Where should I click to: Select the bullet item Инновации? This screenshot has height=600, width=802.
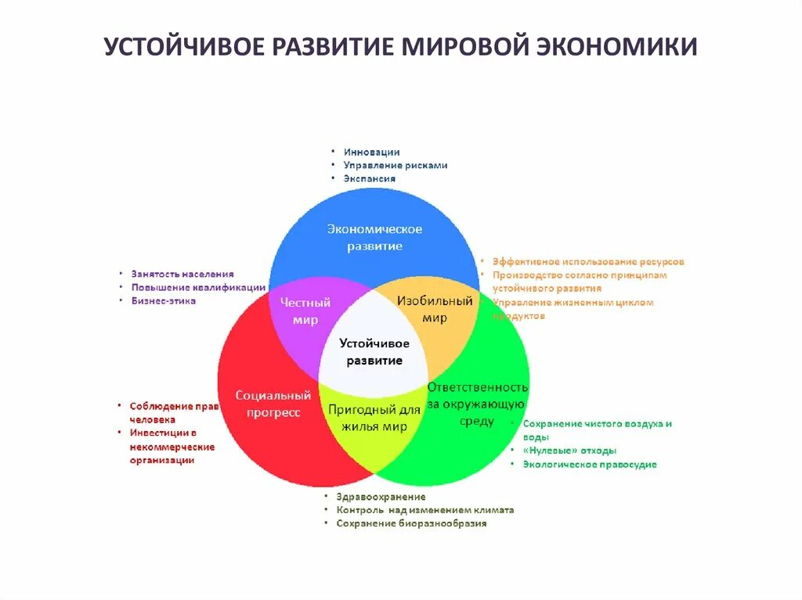click(371, 153)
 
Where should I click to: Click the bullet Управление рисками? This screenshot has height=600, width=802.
click(396, 166)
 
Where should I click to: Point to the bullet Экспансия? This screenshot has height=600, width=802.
click(369, 178)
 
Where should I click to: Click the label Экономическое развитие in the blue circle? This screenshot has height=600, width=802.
click(374, 237)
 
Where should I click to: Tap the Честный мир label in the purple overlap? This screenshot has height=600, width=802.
click(305, 311)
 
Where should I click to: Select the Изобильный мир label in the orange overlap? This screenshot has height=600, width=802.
click(435, 309)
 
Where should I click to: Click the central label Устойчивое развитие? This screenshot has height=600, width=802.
click(374, 352)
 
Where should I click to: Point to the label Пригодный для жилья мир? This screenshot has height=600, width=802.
click(374, 418)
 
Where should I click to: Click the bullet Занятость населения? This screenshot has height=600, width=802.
click(182, 275)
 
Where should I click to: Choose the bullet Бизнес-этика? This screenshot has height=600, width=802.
click(164, 301)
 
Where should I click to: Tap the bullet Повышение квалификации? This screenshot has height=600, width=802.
click(198, 288)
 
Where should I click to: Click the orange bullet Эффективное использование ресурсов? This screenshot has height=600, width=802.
click(588, 262)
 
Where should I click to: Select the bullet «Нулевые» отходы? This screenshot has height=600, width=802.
click(569, 451)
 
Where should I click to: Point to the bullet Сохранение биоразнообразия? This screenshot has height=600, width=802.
click(411, 523)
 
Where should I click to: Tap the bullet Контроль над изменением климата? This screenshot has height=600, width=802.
click(425, 510)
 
